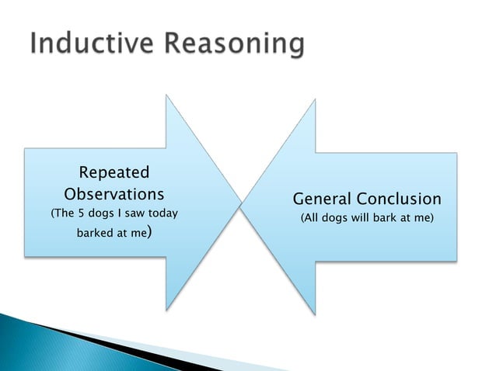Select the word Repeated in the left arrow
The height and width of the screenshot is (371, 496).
coord(114,172)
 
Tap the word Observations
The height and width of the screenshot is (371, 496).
coord(114,192)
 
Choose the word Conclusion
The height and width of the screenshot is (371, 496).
coord(396,199)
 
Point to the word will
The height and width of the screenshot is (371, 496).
coord(362,219)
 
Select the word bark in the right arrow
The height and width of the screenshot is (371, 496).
coord(388,219)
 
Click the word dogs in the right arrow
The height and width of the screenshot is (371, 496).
coord(337,219)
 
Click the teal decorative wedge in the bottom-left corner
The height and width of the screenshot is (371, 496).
coord(31,342)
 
